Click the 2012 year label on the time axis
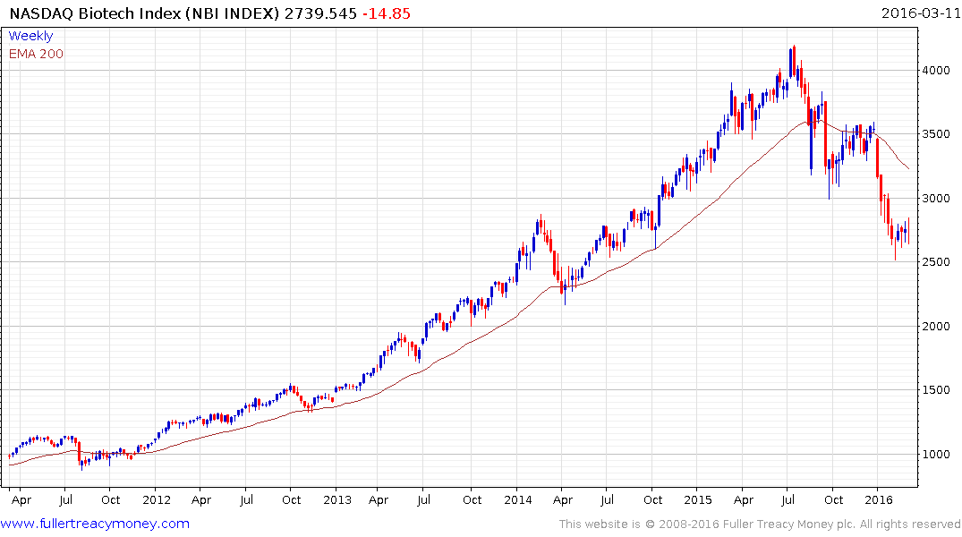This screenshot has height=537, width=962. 157,499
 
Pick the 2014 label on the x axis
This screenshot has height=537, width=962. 517,499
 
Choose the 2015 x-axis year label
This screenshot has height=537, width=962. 698,499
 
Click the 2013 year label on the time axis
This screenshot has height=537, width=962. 337,499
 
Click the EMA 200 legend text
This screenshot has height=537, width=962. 36,54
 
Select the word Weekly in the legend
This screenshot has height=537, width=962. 30,36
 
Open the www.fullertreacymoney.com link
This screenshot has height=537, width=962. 97,524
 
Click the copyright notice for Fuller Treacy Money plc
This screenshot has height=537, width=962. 760,524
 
